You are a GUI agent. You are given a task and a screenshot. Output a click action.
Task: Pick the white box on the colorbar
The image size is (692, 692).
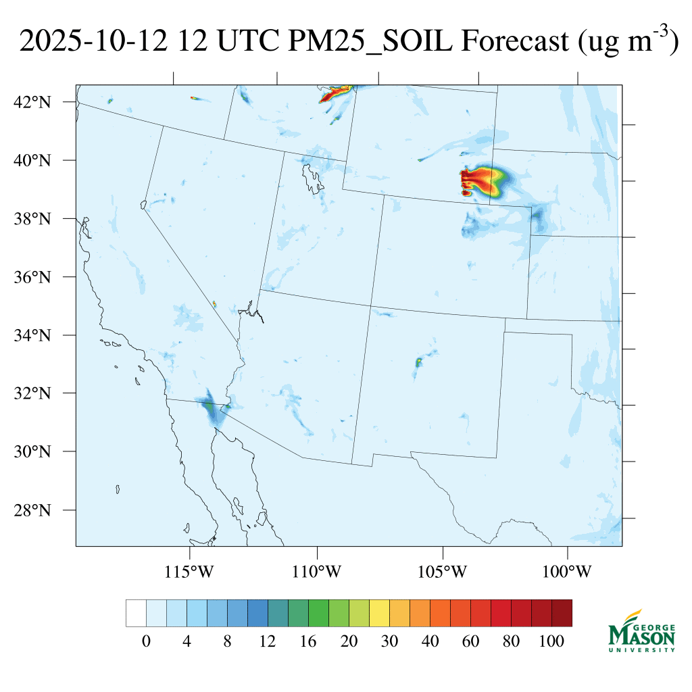136,613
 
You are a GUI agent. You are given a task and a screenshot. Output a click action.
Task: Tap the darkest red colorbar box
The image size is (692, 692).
562,613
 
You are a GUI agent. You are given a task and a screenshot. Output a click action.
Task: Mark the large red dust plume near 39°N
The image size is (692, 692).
483,181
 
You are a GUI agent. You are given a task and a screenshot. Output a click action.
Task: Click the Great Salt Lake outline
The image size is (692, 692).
312,178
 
